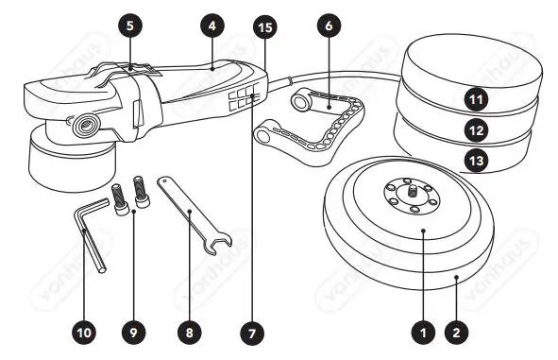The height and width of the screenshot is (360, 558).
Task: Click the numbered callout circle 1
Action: click(x=424, y=332)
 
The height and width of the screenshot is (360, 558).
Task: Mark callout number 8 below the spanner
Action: click(x=191, y=332)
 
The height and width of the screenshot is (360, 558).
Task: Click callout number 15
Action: click(x=265, y=27)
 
